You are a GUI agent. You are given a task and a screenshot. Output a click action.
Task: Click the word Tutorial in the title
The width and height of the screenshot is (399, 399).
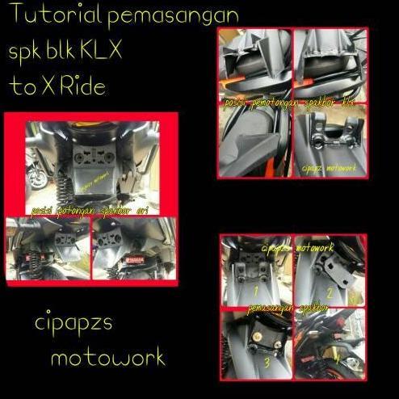[x=50, y=15]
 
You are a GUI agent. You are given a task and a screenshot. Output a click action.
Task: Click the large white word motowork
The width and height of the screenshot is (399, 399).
[x=107, y=356]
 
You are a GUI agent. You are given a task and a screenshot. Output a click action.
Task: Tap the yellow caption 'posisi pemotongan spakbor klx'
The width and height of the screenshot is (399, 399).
[x=291, y=104]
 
